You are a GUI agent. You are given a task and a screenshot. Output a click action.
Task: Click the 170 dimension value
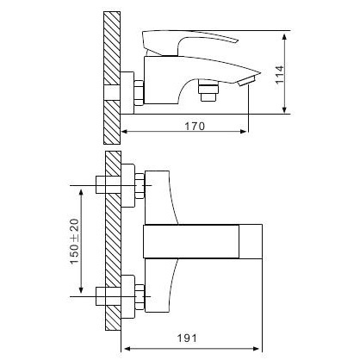click(195, 126)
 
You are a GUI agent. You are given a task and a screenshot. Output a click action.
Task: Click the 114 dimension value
click(280, 75)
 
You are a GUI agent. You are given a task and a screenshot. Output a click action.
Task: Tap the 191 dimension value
click(187, 338)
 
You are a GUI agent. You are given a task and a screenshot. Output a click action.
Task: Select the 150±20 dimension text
click(74, 241)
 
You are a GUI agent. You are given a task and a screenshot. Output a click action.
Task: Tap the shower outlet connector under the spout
click(208, 90)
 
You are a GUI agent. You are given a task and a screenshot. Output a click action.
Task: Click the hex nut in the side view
click(139, 92)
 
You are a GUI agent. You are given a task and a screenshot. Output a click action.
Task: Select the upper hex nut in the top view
click(140, 185)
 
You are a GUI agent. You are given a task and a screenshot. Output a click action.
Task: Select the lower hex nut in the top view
click(140, 297)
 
